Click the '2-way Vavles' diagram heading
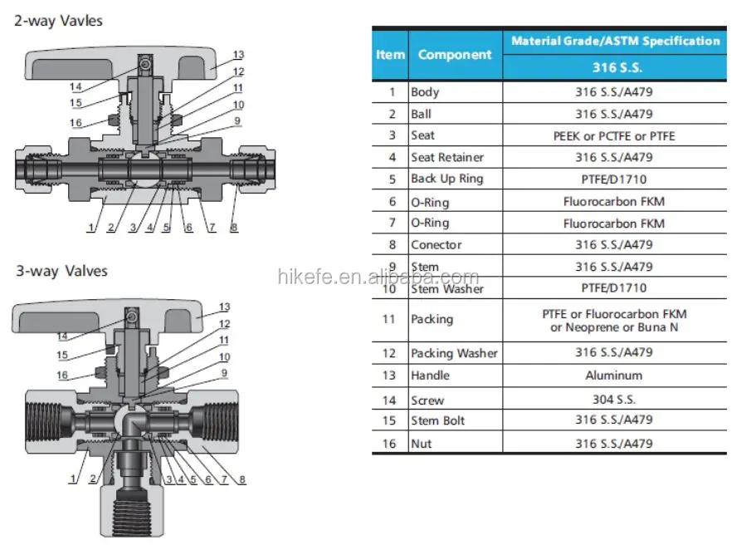point(58,20)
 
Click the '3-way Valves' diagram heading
point(61,272)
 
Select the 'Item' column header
point(390,55)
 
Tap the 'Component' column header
point(455,55)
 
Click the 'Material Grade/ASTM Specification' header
point(615,41)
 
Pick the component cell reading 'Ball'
point(421,114)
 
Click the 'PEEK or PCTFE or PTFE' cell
point(614,135)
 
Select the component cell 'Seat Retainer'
point(447,157)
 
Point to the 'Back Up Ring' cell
point(446,179)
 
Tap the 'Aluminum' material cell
point(614,376)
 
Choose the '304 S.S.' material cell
point(614,399)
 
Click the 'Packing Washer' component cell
point(454,353)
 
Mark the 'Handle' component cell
point(431,376)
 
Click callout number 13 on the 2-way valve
point(238,55)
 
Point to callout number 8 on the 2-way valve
point(234,228)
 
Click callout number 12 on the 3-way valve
point(224,324)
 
